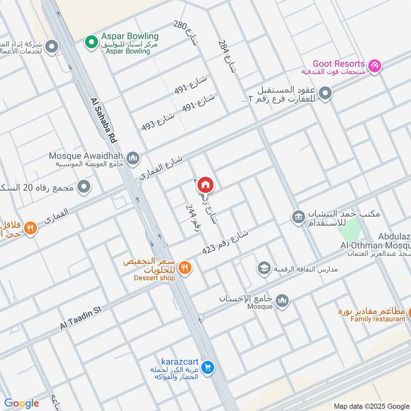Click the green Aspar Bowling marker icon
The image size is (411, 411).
click(91, 41)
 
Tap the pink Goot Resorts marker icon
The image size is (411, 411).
click(375, 66)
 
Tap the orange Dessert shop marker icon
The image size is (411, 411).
click(185, 267)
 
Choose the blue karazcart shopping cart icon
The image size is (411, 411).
click(208, 367)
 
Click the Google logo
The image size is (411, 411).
click(22, 403)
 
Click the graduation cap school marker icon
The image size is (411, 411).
click(264, 268)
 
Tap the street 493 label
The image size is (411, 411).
click(158, 121)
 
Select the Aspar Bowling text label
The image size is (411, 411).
click(129, 36)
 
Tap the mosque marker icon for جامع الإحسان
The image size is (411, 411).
click(282, 301)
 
